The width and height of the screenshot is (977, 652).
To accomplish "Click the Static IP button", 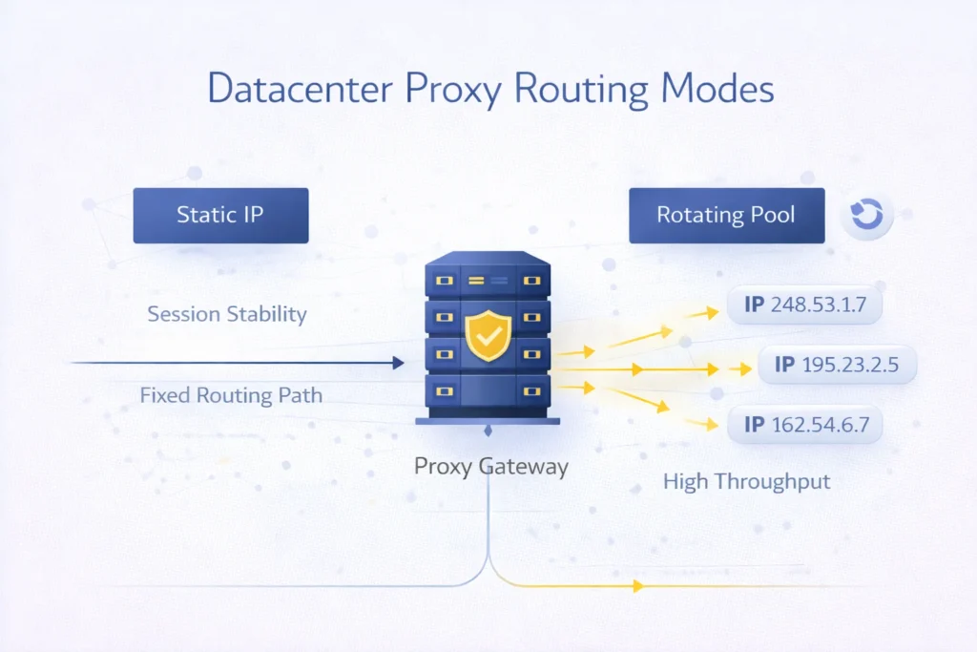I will click(x=220, y=215).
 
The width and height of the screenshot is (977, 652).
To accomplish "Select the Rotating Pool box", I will click(x=726, y=215).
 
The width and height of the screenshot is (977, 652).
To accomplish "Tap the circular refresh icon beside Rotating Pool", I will click(x=866, y=215).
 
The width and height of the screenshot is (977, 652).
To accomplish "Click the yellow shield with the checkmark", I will click(x=488, y=334).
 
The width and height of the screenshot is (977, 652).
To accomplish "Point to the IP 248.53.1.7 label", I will click(x=803, y=305).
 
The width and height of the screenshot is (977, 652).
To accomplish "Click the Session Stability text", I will click(x=226, y=314).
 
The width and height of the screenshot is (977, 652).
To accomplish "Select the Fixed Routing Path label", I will click(x=231, y=394).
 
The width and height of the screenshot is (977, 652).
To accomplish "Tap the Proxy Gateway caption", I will click(x=491, y=467).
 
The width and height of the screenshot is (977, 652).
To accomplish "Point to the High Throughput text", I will click(x=746, y=482).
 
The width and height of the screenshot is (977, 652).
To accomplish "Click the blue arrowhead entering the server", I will click(x=398, y=363).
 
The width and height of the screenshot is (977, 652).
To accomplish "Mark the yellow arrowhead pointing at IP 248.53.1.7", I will click(x=710, y=311).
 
